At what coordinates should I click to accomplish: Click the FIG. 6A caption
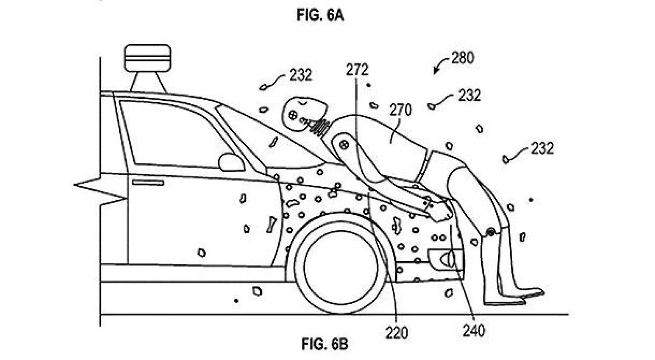[x=320, y=15]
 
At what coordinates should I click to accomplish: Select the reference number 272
[x=357, y=69]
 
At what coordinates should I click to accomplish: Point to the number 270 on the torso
[x=400, y=110]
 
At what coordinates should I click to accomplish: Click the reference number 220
[x=396, y=332]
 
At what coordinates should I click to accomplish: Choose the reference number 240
[x=473, y=331]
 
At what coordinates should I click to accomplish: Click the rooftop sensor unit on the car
[x=147, y=57]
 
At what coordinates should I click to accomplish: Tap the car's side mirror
[x=231, y=162]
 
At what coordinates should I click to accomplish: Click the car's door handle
[x=148, y=182]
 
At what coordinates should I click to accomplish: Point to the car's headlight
[x=446, y=258]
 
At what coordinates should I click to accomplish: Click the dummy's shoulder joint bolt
[x=344, y=144]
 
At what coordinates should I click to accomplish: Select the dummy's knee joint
[x=490, y=232]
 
